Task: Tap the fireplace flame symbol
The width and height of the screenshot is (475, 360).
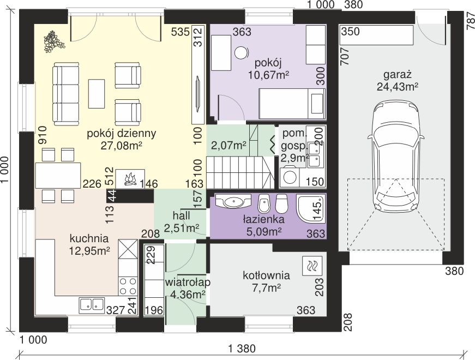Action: (x=130, y=179)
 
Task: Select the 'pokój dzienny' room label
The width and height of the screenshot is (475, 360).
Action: (x=122, y=133)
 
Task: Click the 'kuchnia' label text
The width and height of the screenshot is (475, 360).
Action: (x=89, y=238)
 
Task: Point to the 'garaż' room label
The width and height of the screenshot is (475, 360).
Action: (x=397, y=75)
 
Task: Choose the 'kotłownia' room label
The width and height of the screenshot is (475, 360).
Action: (x=266, y=275)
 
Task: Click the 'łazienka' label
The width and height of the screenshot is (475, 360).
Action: (x=263, y=219)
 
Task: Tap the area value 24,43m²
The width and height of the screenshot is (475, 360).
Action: (x=398, y=87)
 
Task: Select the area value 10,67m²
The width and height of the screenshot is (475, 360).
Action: (x=268, y=75)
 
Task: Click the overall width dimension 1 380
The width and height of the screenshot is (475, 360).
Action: (x=242, y=349)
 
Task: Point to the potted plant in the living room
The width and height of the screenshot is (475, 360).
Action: (x=54, y=41)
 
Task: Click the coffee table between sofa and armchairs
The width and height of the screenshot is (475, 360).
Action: (x=97, y=94)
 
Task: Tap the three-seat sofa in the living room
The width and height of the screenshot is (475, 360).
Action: (x=66, y=94)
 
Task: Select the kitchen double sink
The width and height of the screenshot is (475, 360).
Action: (x=92, y=304)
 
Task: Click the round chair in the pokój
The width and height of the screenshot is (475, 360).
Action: (x=242, y=52)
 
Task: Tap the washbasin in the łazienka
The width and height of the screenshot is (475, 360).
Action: (x=233, y=201)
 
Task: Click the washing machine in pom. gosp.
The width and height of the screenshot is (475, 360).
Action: (x=288, y=177)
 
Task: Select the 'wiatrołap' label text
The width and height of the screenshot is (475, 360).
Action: (x=188, y=282)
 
